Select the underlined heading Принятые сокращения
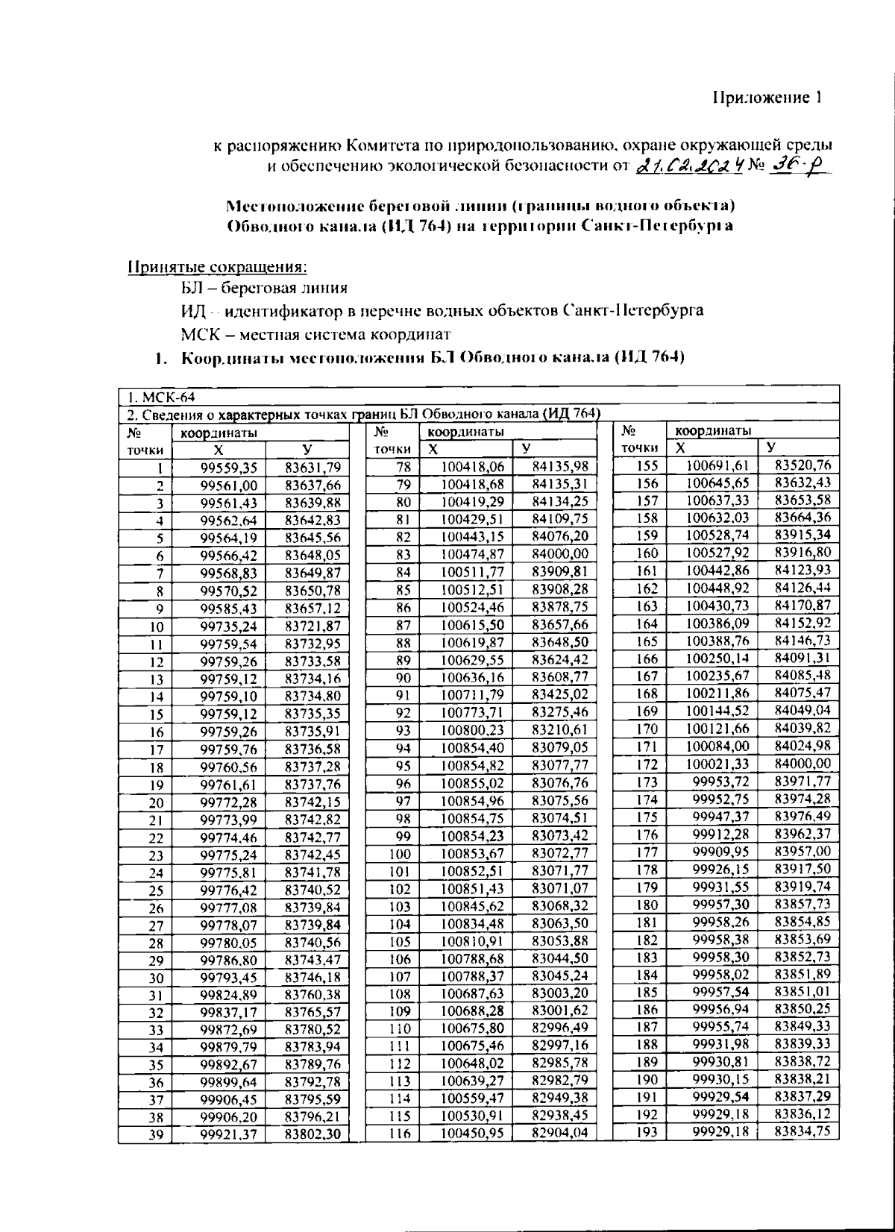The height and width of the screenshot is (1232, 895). click(218, 266)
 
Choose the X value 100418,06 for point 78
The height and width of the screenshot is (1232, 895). click(473, 468)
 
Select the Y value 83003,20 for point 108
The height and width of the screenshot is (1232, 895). click(560, 994)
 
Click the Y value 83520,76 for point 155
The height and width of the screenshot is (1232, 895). click(803, 466)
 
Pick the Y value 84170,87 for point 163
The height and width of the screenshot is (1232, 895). click(803, 606)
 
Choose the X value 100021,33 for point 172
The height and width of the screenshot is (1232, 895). click(716, 764)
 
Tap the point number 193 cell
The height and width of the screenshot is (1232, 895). click(647, 1133)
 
